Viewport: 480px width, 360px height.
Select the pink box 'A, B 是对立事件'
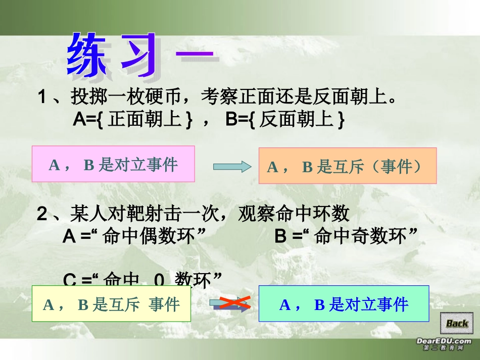click(x=113, y=164)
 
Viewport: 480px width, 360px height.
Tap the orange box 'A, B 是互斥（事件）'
click(x=348, y=166)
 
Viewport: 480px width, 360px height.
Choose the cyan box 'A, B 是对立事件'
click(x=344, y=303)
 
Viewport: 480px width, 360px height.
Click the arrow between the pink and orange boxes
click(x=232, y=166)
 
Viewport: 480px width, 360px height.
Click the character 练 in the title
click(x=89, y=56)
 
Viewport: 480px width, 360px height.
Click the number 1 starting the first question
click(x=43, y=96)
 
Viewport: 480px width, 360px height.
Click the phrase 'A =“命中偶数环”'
click(x=136, y=236)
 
